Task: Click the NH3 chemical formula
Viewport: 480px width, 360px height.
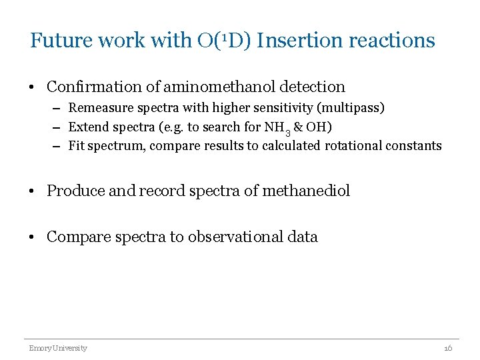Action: click(277, 127)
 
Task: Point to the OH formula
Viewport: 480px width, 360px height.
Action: click(319, 127)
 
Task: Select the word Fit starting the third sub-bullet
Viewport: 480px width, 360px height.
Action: click(76, 145)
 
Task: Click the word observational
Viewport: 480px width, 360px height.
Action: click(229, 237)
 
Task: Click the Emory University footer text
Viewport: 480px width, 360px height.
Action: click(57, 348)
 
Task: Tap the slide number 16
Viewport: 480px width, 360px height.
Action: click(447, 348)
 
